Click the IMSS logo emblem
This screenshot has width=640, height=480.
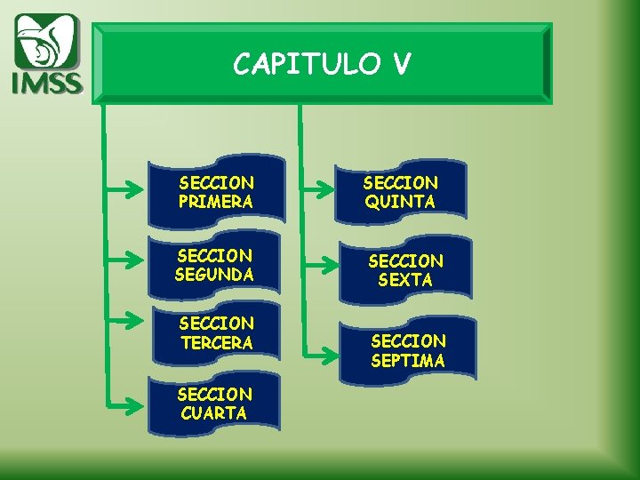pyautogui.click(x=46, y=43)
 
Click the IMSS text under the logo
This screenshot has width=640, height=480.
pyautogui.click(x=46, y=83)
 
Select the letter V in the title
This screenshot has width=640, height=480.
pyautogui.click(x=400, y=64)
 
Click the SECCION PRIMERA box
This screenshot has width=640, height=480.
pyautogui.click(x=217, y=191)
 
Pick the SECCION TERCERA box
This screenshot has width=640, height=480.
pyautogui.click(x=216, y=332)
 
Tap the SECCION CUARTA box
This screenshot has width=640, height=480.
pyautogui.click(x=215, y=404)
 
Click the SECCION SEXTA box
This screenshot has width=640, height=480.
pyautogui.click(x=405, y=269)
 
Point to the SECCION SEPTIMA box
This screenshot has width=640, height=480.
pyautogui.click(x=408, y=350)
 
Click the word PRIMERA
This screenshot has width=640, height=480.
pyautogui.click(x=216, y=202)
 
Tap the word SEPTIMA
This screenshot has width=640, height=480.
pyautogui.click(x=408, y=360)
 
